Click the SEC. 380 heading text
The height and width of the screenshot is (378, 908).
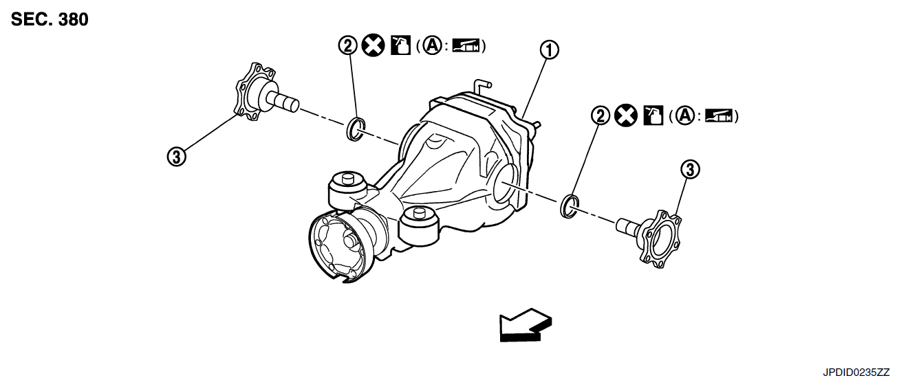(x=50, y=19)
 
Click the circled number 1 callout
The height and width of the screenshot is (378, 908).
(x=550, y=49)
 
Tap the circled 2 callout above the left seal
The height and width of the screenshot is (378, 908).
(x=347, y=46)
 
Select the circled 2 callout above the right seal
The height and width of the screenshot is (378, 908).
(x=601, y=116)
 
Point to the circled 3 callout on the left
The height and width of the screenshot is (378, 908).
(x=177, y=157)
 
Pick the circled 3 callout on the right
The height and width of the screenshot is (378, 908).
(x=690, y=168)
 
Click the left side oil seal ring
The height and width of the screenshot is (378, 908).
(x=356, y=129)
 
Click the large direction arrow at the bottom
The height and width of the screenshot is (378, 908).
(x=525, y=324)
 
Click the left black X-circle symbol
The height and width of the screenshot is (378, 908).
(x=373, y=46)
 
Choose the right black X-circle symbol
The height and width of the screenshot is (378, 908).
(x=625, y=116)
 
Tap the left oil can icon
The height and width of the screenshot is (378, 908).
(x=399, y=46)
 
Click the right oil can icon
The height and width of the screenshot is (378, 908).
(x=652, y=116)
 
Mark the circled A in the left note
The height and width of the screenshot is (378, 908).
(x=432, y=46)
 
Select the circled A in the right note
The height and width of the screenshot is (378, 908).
(x=684, y=116)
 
